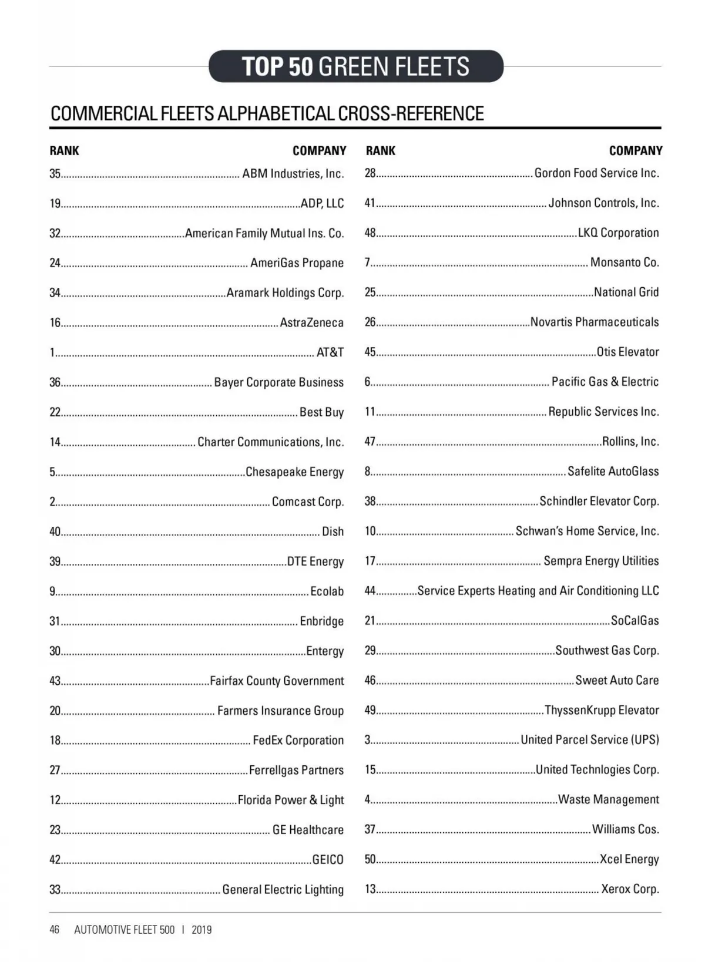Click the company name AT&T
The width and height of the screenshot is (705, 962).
[330, 352]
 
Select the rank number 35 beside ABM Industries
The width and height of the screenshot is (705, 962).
[55, 174]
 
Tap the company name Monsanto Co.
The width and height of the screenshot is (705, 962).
[624, 263]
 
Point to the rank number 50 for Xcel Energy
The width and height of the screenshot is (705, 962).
[370, 859]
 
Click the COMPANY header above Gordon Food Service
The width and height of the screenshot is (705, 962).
[635, 151]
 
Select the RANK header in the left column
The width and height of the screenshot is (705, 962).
[64, 151]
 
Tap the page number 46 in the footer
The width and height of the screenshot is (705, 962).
[55, 930]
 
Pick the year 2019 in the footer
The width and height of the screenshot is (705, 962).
[202, 930]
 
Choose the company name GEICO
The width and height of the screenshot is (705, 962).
[327, 860]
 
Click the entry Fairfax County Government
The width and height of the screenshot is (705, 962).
[277, 681]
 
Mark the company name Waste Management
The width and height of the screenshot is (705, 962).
[608, 799]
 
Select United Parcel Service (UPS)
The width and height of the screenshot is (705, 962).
[589, 740]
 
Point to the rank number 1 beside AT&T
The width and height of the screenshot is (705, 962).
[52, 353]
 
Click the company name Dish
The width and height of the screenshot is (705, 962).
[333, 532]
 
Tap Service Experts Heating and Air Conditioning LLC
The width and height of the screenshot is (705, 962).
[538, 591]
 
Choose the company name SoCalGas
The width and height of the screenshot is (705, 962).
[634, 621]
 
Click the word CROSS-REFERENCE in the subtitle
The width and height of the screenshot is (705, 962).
[411, 113]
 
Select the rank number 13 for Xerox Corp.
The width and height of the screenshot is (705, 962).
[370, 889]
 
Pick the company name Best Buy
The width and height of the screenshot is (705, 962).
[321, 412]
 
